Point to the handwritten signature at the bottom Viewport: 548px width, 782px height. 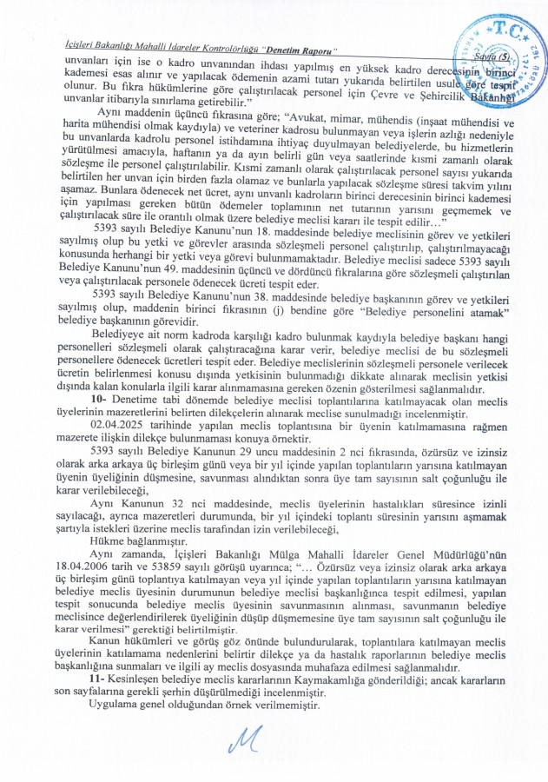click(269, 739)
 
